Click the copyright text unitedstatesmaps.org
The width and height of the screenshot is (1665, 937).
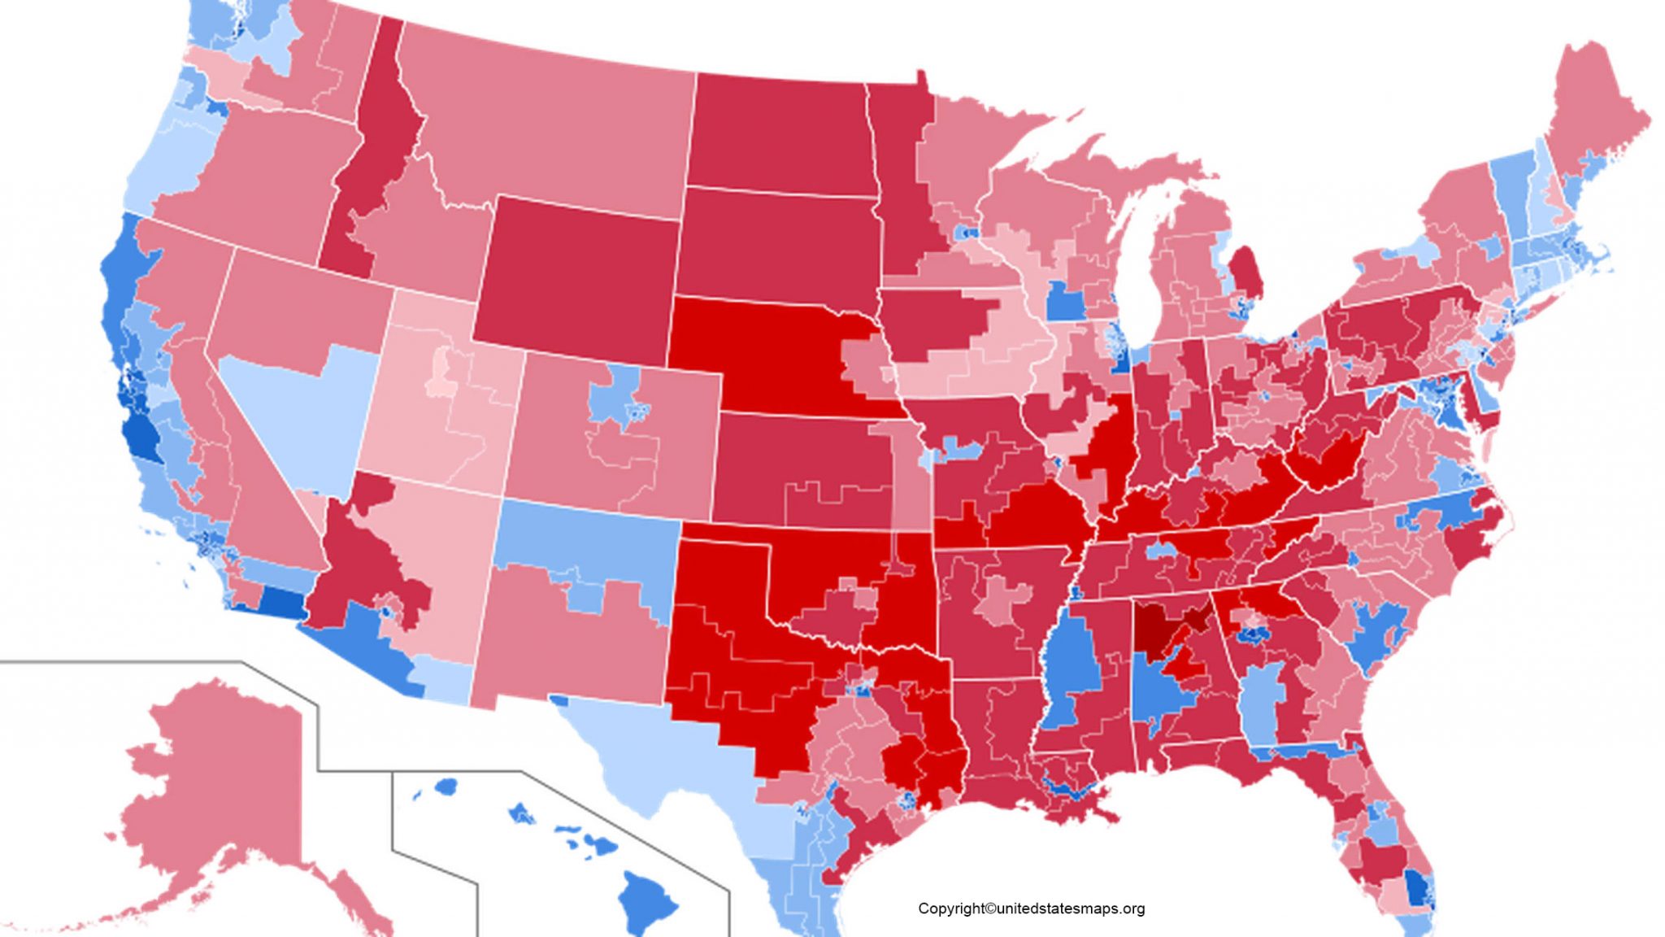(1031, 909)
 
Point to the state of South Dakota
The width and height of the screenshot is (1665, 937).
(776, 244)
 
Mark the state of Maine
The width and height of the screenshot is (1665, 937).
(1593, 114)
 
